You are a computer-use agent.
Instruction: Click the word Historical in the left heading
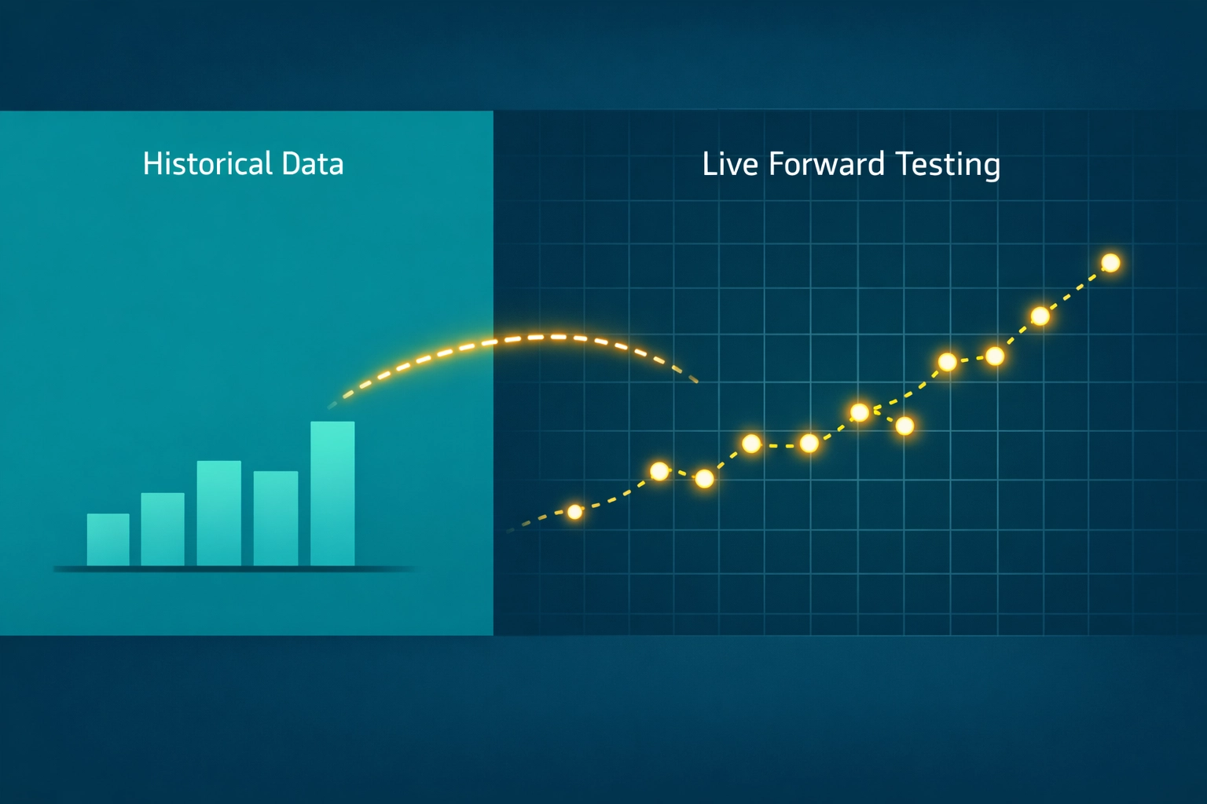pos(207,164)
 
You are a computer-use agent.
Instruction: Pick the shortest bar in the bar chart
pos(108,539)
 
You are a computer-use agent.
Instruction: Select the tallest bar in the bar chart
pos(332,493)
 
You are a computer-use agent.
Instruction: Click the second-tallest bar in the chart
pos(218,513)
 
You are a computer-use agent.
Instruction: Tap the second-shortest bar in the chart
pos(163,528)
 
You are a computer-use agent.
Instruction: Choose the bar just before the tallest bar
pos(276,517)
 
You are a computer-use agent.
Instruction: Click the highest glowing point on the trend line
pos(1110,263)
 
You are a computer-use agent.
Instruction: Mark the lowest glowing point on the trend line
pos(574,512)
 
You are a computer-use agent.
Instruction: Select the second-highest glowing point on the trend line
pos(1040,316)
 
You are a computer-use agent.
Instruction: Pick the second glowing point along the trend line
pos(659,471)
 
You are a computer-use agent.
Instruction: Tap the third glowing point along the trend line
pos(705,478)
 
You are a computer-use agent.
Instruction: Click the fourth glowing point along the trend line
pos(751,444)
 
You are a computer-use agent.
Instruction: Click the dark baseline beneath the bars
pos(236,568)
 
